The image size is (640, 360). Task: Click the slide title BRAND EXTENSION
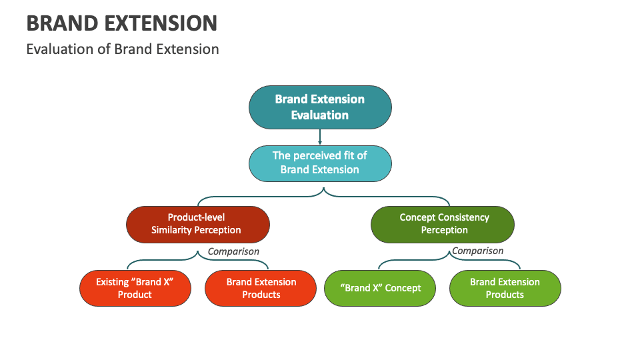click(122, 23)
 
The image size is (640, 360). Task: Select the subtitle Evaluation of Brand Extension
click(123, 49)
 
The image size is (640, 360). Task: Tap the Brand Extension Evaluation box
click(320, 107)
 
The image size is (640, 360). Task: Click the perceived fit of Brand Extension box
click(320, 163)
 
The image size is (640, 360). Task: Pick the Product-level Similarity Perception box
click(197, 224)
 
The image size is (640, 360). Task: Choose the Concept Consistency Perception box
click(443, 224)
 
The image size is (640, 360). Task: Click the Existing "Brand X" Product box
click(135, 288)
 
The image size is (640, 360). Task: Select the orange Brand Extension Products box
click(260, 288)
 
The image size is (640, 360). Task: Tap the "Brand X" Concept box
click(381, 288)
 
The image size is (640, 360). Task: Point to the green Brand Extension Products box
click(505, 288)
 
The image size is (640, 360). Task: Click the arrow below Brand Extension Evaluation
click(320, 137)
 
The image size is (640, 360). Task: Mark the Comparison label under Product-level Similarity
click(233, 251)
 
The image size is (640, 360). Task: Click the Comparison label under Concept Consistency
click(478, 251)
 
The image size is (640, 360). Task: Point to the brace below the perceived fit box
click(324, 195)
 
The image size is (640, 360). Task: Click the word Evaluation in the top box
click(320, 115)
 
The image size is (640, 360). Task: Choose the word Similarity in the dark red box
click(173, 230)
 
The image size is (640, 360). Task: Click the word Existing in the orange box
click(112, 282)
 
